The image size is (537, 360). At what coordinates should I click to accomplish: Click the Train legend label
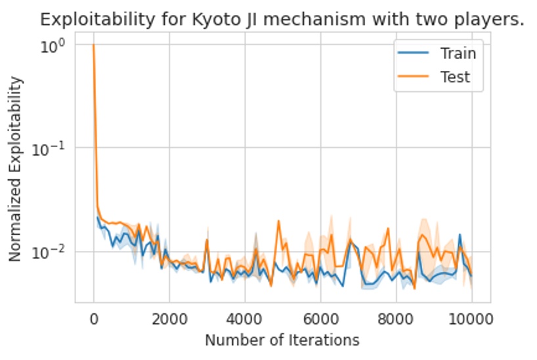[458, 53]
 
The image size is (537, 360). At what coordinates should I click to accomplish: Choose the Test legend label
[455, 77]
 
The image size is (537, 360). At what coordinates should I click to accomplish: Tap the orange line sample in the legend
[412, 77]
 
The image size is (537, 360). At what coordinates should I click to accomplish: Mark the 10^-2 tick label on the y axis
[53, 251]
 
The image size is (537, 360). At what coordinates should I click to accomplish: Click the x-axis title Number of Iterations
[282, 340]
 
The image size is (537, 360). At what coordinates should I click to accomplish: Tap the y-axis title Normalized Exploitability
[16, 169]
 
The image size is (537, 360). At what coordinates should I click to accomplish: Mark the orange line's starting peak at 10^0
[94, 45]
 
